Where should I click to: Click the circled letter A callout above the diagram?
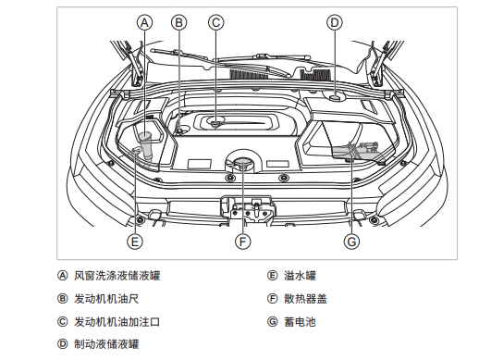(144, 23)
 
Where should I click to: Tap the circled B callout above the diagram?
(178, 23)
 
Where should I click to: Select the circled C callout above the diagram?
(216, 23)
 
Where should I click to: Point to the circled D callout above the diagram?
(335, 23)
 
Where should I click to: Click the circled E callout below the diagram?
(135, 242)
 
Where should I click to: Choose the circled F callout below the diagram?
(243, 242)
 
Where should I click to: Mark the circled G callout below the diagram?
(351, 242)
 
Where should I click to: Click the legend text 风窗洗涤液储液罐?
(117, 276)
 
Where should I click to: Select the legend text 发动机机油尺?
(106, 299)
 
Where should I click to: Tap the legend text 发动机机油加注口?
(117, 322)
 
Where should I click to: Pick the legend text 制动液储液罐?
(106, 344)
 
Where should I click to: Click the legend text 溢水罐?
(301, 276)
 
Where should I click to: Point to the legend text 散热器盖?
(305, 299)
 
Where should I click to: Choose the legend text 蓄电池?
(301, 322)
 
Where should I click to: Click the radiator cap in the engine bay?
(242, 162)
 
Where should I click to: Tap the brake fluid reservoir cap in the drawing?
(335, 98)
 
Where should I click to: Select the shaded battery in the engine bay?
(359, 152)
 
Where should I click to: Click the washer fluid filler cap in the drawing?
(144, 136)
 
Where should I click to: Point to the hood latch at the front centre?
(252, 210)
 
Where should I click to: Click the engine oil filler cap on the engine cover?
(216, 122)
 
